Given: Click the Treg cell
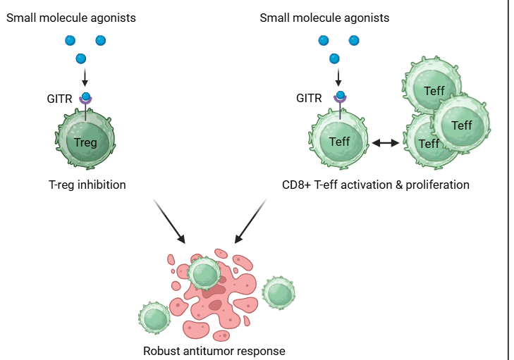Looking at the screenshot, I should click(x=86, y=142).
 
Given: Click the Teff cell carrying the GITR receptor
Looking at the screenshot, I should click(x=340, y=142).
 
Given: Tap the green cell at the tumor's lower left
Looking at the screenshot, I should click(x=154, y=318).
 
